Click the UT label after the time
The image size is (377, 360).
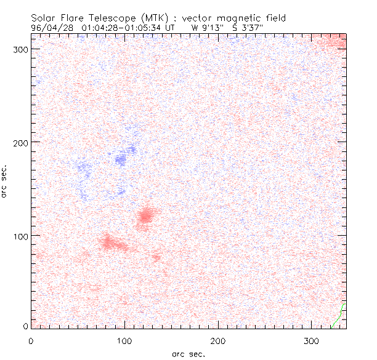(x=170, y=28)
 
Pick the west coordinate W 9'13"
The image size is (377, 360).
(x=204, y=28)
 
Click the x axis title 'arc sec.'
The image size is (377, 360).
(x=188, y=353)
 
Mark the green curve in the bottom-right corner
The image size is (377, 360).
(x=338, y=316)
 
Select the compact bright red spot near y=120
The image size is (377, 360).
(x=145, y=216)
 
